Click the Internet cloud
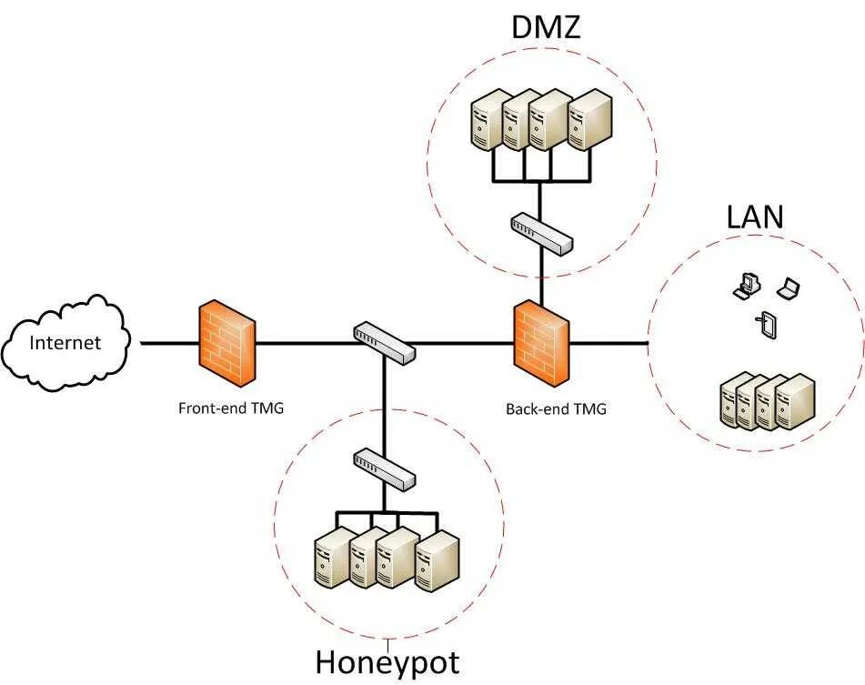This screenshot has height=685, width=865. coord(65,343)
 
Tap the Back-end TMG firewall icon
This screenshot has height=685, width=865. coord(542,343)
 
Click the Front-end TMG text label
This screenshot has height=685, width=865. coord(231,408)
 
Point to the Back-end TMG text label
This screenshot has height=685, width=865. coord(556,408)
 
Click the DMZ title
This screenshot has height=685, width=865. coord(545,28)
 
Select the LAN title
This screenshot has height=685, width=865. coord(755,217)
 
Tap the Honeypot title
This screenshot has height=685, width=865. coord(387,661)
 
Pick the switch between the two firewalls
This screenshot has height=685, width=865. coord(384,340)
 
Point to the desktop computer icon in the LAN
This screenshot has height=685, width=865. coord(744,286)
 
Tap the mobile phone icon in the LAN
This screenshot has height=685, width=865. coord(767,324)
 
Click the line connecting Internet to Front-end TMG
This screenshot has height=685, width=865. coord(169,344)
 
